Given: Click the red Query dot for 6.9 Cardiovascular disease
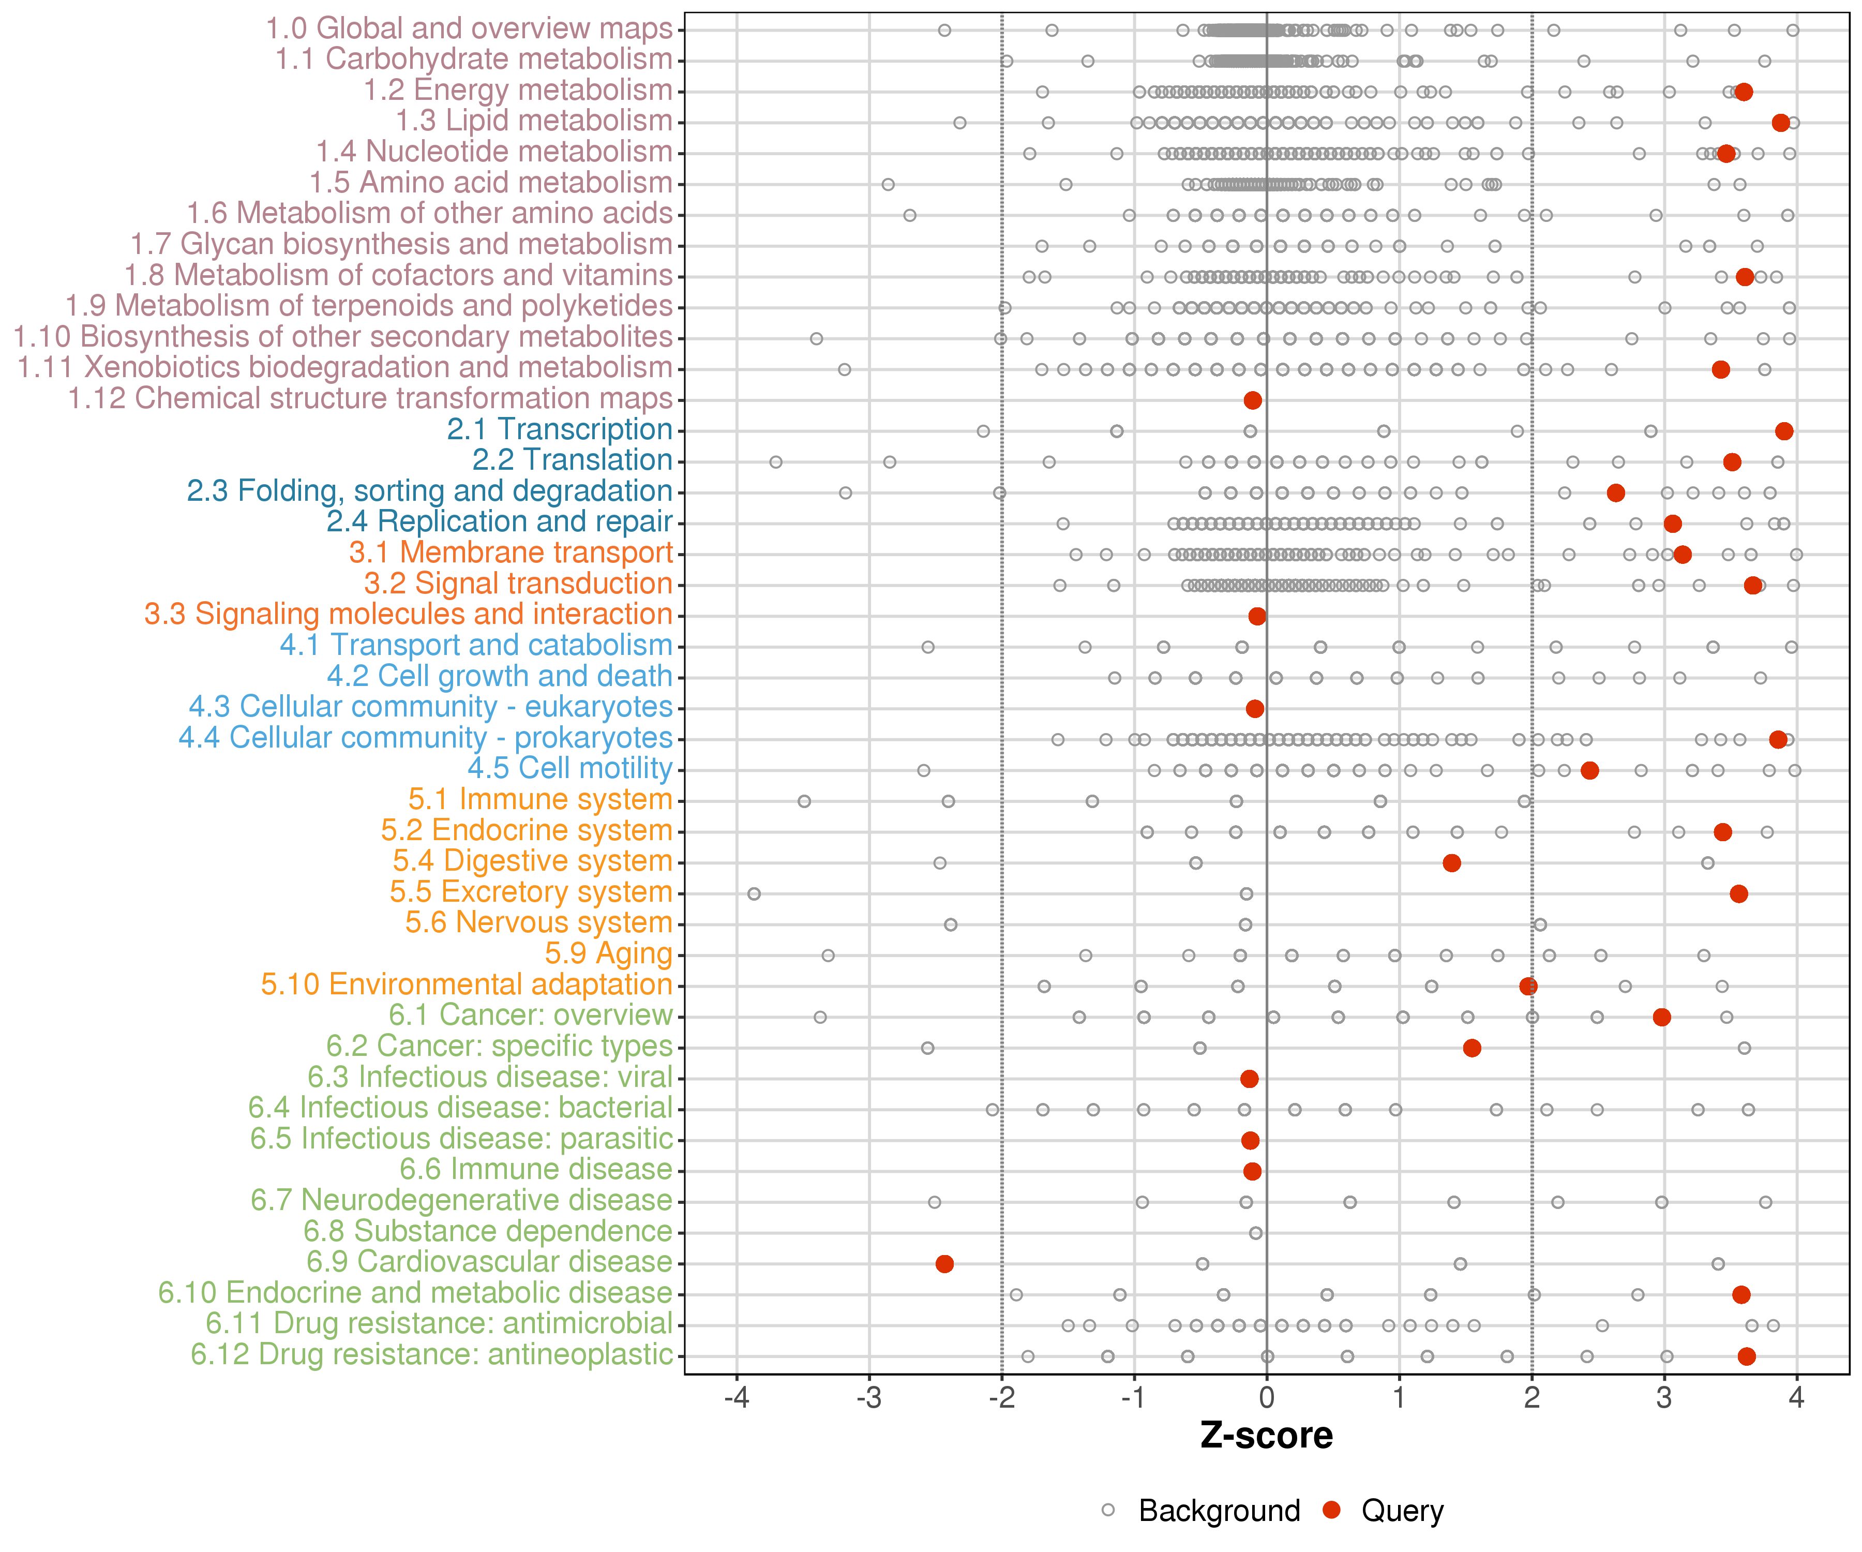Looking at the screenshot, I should tap(944, 1264).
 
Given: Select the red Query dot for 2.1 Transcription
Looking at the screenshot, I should tap(1784, 431).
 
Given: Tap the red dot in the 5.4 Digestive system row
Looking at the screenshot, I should tap(1451, 863).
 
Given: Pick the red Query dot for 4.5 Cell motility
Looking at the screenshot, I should tap(1590, 770).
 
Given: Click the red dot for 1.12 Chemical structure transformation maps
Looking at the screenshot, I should tap(1253, 400).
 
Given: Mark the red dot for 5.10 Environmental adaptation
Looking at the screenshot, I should tap(1528, 986).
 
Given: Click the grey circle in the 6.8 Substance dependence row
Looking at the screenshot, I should tap(1255, 1233).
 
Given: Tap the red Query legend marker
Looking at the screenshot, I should tap(1331, 1510).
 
